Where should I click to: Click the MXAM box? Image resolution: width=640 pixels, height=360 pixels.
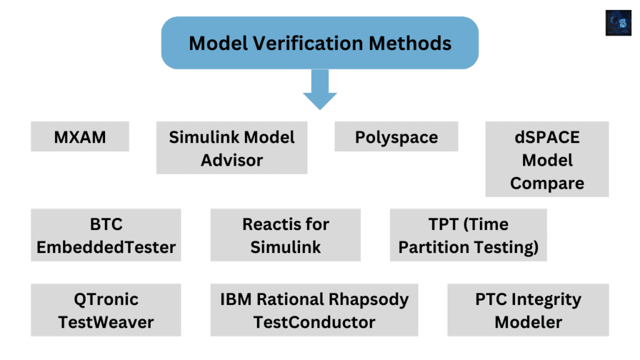pyautogui.click(x=79, y=137)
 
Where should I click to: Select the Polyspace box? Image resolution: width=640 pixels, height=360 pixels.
pyautogui.click(x=396, y=137)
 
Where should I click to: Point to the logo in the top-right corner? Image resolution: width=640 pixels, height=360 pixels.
pyautogui.click(x=618, y=23)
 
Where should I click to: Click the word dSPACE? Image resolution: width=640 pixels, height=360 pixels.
pyautogui.click(x=547, y=137)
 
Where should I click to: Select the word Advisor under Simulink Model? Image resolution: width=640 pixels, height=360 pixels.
pyautogui.click(x=232, y=160)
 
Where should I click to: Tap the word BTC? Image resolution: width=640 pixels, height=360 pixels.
pyautogui.click(x=106, y=224)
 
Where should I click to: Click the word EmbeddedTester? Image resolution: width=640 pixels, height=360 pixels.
pyautogui.click(x=106, y=247)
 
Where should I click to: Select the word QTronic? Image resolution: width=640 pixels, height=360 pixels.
pyautogui.click(x=106, y=299)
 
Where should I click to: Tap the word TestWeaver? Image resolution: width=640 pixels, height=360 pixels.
pyautogui.click(x=106, y=322)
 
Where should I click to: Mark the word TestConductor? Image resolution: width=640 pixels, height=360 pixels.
pyautogui.click(x=314, y=322)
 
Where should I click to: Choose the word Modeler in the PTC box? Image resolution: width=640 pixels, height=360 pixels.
pyautogui.click(x=528, y=322)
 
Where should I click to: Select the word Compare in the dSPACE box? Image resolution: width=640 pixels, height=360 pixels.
pyautogui.click(x=547, y=184)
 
